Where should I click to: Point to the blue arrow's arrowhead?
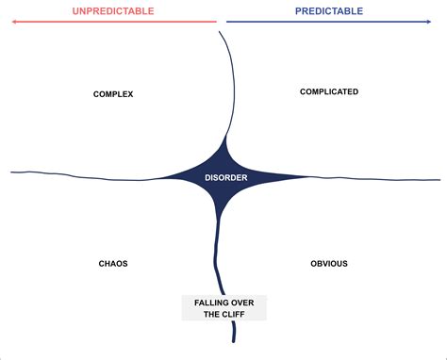(x=437, y=22)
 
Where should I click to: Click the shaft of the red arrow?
(x=113, y=22)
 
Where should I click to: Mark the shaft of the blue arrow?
(x=330, y=22)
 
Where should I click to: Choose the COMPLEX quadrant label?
(x=113, y=93)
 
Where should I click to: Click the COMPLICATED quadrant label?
(x=329, y=91)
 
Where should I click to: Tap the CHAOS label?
(x=113, y=264)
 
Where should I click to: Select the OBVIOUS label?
(x=329, y=264)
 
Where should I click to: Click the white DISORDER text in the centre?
(x=224, y=177)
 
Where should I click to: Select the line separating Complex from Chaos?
(x=85, y=173)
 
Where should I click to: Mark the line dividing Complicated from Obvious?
(x=377, y=179)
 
